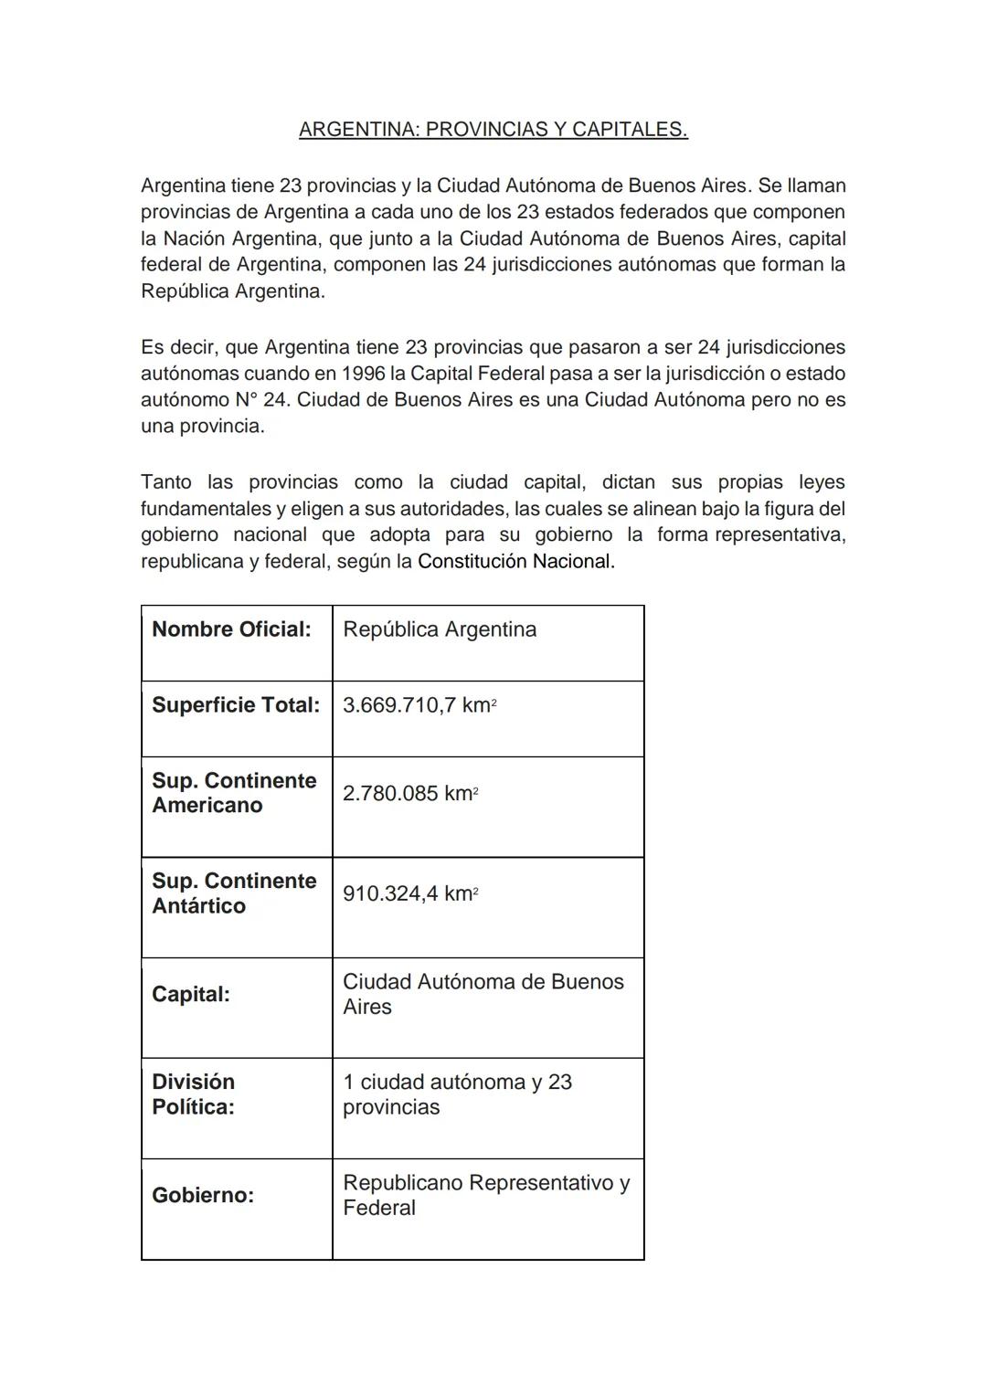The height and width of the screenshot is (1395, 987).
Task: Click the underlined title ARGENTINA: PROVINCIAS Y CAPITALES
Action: point(493,130)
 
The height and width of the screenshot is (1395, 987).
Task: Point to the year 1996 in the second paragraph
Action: point(364,374)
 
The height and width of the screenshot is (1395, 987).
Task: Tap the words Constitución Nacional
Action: point(515,562)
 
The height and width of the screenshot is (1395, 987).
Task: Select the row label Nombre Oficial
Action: point(231,629)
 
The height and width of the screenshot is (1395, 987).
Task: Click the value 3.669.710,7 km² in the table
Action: point(419,705)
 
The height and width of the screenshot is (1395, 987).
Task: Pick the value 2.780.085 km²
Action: point(410,794)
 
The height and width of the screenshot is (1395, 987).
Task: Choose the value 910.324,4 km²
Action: point(410,893)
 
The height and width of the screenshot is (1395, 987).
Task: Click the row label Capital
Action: point(191,994)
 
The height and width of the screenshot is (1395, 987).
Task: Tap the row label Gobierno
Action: point(203,1195)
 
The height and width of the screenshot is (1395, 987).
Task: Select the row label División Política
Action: point(194,1094)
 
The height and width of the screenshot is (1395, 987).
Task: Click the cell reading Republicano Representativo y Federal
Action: point(485,1195)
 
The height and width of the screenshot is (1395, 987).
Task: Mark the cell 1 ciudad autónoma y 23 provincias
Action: point(457,1094)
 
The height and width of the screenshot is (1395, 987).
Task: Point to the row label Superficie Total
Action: point(236,705)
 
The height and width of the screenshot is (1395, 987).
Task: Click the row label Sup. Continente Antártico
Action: point(234,893)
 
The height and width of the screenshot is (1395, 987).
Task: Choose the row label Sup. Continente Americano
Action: point(234,793)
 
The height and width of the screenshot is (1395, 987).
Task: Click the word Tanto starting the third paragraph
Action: point(167,482)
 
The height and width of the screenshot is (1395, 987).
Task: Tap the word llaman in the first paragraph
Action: point(816,186)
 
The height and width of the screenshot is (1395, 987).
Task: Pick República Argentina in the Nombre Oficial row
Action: point(440,629)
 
